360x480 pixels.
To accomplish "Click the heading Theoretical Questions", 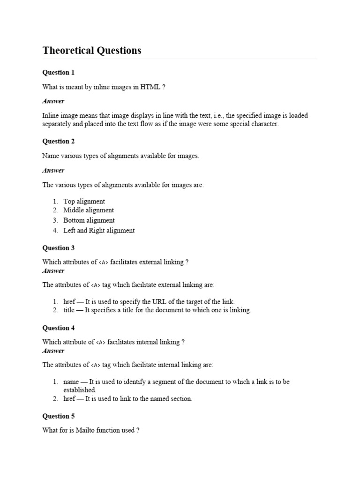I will click(92, 51).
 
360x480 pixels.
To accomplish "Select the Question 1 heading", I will click(59, 73).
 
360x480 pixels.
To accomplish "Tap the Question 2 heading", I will click(59, 142).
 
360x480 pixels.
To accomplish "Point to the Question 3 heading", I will click(59, 248).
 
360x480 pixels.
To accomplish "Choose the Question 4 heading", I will click(59, 328).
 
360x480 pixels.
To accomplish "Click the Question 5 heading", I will click(59, 416).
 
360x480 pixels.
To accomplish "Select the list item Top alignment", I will click(84, 202).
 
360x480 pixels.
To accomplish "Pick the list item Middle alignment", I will click(89, 210).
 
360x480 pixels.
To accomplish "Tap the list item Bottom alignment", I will click(89, 220).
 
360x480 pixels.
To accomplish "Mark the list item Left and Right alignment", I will click(99, 231).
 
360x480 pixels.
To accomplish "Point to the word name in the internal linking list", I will click(71, 382).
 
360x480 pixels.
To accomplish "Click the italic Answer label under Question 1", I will click(53, 101).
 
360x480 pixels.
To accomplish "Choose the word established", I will click(80, 390).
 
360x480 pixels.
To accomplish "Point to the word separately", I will click(58, 124).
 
